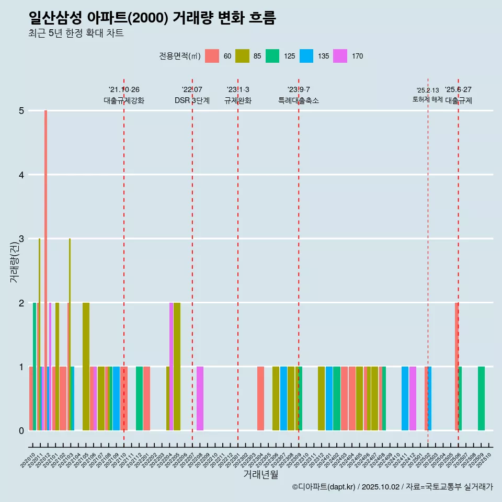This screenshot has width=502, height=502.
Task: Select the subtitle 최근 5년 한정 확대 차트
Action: pos(76,33)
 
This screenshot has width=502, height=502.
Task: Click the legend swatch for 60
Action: pos(212,56)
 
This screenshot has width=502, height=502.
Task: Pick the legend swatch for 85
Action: pos(242,56)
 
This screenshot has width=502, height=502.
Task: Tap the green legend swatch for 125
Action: pos(272,56)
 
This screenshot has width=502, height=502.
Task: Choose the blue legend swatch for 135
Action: pos(306,56)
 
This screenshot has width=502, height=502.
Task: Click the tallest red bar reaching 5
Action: pos(46,261)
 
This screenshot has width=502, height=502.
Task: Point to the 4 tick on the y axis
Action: pos(21,175)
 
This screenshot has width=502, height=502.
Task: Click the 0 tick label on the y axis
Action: pos(21,430)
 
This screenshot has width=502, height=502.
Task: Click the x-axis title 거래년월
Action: pos(260,474)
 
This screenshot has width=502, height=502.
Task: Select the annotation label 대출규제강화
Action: pos(124,100)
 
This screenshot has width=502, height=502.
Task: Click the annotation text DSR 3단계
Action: pos(192,100)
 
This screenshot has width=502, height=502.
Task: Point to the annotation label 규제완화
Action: pos(238,100)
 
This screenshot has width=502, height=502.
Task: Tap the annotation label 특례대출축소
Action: pos(299,100)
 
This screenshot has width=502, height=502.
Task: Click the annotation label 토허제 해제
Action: pos(427,99)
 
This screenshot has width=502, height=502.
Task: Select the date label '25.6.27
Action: pos(458,89)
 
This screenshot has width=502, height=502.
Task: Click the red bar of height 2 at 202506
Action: pos(457,366)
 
